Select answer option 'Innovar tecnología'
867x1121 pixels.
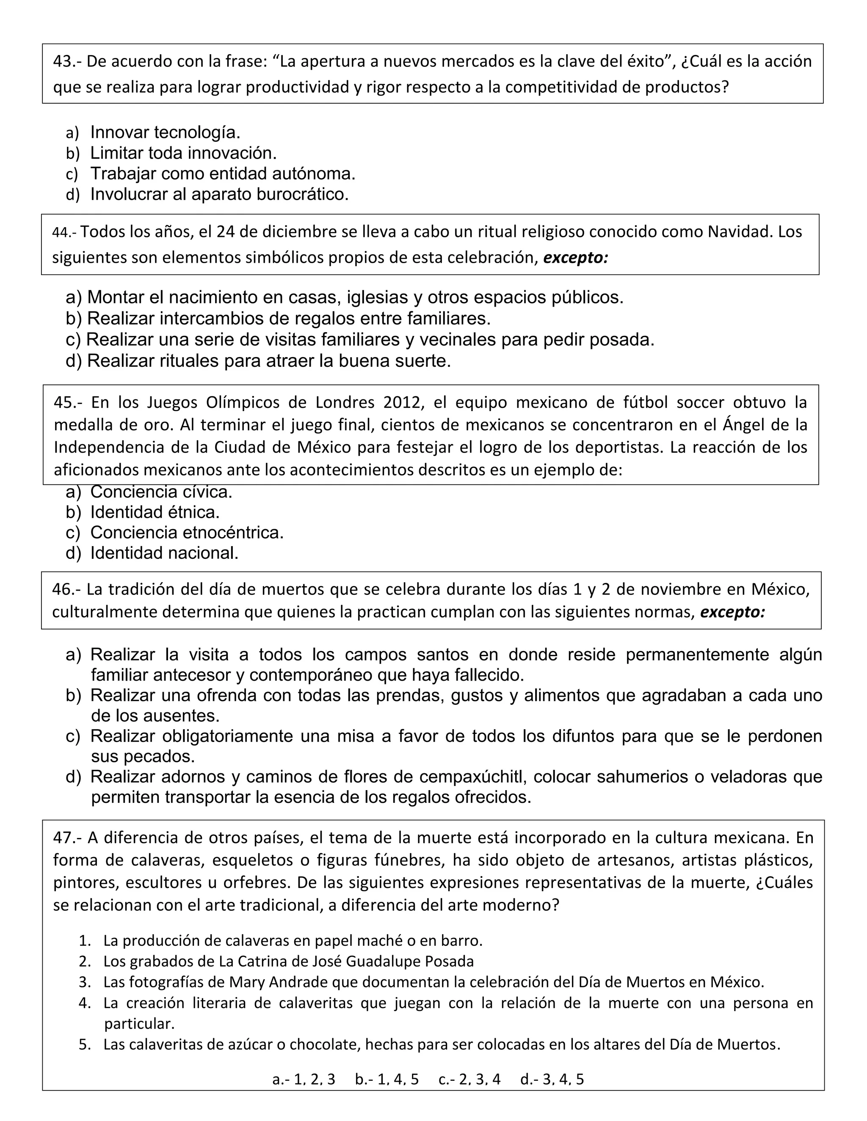point(165,132)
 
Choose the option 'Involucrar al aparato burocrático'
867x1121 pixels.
point(219,194)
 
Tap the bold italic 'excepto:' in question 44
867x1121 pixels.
point(576,257)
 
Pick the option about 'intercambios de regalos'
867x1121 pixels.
point(289,319)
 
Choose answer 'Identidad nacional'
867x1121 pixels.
point(164,553)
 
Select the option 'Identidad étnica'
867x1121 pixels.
point(155,512)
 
